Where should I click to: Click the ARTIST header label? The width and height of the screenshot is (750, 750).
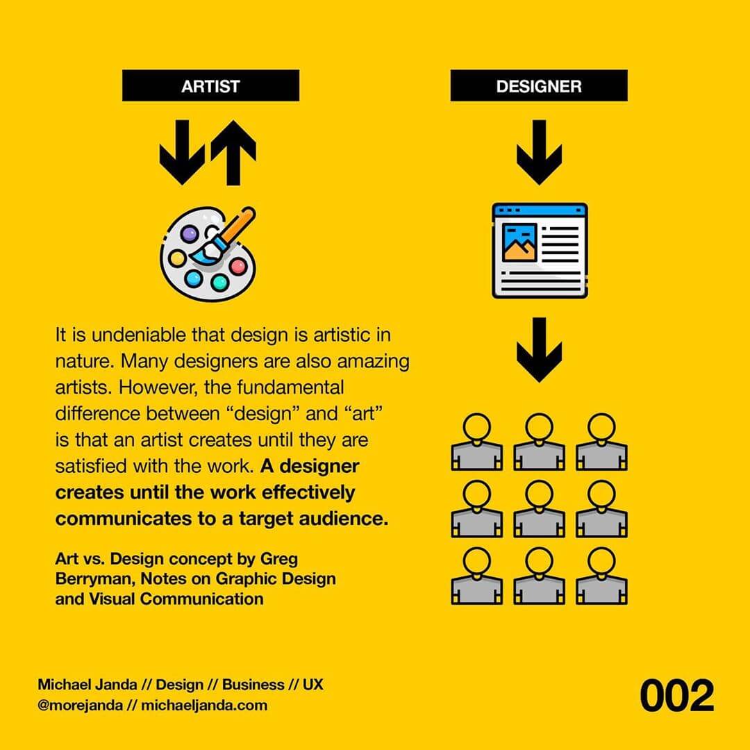(x=210, y=85)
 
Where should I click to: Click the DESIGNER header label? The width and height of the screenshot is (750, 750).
(x=539, y=85)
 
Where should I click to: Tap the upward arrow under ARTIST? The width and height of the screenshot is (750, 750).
(x=233, y=153)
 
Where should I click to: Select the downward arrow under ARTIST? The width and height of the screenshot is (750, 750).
(x=182, y=153)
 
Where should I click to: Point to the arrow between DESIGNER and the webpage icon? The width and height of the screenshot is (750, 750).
(x=539, y=153)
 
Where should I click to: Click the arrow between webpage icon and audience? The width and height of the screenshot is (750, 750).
(x=539, y=350)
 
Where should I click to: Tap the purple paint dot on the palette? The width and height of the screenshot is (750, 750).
(x=190, y=234)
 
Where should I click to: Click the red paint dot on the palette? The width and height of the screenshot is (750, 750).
(x=237, y=266)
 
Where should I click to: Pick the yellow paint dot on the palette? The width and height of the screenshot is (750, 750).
(x=177, y=259)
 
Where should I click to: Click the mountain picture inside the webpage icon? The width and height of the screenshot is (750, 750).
(x=519, y=242)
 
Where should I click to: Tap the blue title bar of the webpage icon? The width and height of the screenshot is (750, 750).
(x=540, y=210)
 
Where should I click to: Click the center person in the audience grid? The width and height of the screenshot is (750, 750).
(x=539, y=509)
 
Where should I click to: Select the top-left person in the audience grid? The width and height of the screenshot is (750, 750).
(x=477, y=442)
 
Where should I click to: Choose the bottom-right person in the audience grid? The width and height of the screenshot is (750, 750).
(x=601, y=576)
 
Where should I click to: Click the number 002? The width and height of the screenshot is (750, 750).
(x=677, y=696)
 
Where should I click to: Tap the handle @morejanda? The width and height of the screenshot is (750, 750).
(x=81, y=705)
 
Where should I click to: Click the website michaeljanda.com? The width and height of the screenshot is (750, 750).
(x=204, y=705)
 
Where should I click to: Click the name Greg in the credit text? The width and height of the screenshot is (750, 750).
(x=279, y=559)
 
